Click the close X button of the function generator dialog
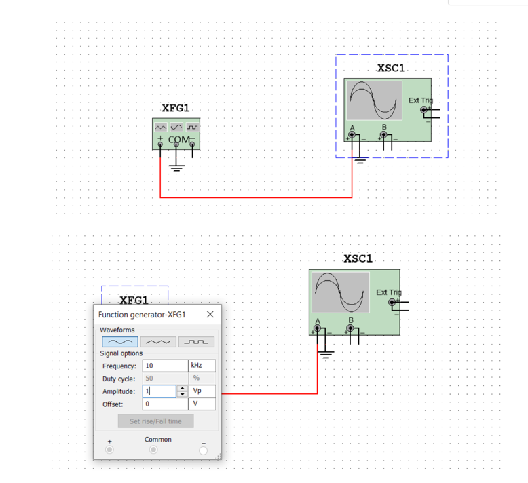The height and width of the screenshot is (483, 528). pyautogui.click(x=210, y=314)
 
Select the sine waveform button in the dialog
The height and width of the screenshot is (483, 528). pyautogui.click(x=119, y=342)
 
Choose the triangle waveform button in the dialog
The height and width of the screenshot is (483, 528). pyautogui.click(x=157, y=342)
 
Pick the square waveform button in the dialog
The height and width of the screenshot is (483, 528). pyautogui.click(x=196, y=342)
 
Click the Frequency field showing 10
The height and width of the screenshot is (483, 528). pyautogui.click(x=165, y=366)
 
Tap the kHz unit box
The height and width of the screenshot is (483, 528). pyautogui.click(x=202, y=366)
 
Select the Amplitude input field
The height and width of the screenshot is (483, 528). pyautogui.click(x=159, y=391)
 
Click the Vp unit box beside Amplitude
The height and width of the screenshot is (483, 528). pyautogui.click(x=202, y=391)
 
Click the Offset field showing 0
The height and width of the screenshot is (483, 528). pyautogui.click(x=165, y=404)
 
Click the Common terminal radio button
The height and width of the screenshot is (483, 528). pyautogui.click(x=153, y=450)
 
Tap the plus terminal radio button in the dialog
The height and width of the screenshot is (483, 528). pyautogui.click(x=109, y=450)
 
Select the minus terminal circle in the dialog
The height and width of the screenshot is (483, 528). pyautogui.click(x=203, y=450)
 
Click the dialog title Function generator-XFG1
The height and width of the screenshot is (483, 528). pyautogui.click(x=142, y=315)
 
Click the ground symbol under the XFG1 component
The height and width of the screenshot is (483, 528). pyautogui.click(x=176, y=166)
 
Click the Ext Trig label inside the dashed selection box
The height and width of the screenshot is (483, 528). pyautogui.click(x=420, y=100)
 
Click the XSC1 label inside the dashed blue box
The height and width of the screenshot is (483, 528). pyautogui.click(x=391, y=68)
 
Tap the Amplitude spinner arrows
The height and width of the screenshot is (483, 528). pyautogui.click(x=182, y=391)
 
